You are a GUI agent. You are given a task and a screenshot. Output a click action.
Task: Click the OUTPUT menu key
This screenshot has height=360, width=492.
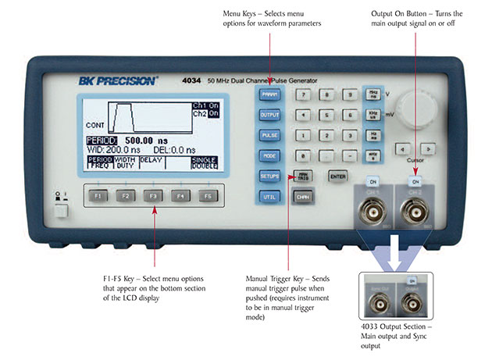(x=269, y=114)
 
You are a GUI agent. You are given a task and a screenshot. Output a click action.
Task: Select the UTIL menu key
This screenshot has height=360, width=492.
(x=269, y=197)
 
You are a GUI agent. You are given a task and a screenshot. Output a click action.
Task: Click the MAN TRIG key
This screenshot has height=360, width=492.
(x=301, y=176)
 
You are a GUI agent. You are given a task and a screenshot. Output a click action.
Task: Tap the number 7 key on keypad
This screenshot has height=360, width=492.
(x=301, y=94)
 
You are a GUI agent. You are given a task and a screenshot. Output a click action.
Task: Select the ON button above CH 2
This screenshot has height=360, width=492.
(x=415, y=181)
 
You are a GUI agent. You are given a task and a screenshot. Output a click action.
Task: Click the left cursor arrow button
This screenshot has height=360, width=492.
(x=401, y=147)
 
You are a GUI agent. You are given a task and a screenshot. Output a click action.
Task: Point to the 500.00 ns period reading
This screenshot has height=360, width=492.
(x=144, y=140)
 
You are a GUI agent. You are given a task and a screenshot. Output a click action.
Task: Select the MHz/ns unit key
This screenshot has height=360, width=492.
(x=373, y=94)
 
